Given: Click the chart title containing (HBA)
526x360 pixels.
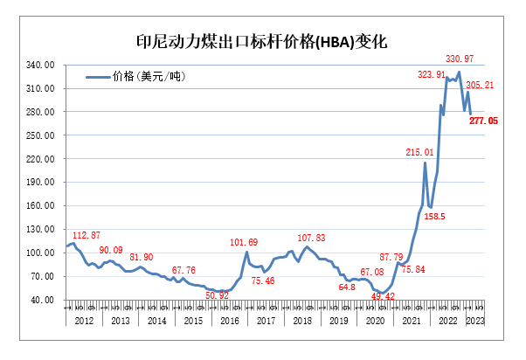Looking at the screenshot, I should click(262, 41).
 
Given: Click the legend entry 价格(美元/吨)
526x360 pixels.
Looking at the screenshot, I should click(149, 77).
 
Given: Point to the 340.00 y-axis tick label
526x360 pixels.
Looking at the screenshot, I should click(44, 66).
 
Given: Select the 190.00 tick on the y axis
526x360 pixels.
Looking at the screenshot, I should click(44, 183).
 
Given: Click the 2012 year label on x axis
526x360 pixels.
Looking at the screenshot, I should click(84, 322).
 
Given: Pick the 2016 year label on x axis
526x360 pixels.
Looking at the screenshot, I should click(229, 322).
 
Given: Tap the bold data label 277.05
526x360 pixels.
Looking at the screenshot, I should click(483, 121).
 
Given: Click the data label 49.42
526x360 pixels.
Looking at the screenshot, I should click(384, 296).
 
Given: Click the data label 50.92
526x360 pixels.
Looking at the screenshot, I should click(218, 295).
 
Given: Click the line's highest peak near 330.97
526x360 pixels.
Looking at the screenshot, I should click(460, 72).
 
